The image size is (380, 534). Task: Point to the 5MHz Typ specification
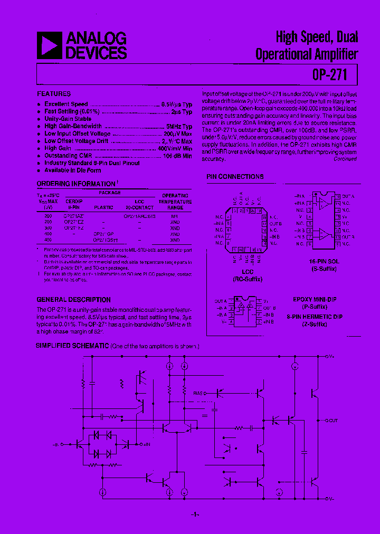point(179,127)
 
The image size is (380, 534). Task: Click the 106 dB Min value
point(177,156)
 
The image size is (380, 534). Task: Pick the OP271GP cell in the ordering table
point(103,233)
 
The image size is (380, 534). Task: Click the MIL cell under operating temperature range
point(175,216)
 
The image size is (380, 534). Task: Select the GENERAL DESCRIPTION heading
point(73,300)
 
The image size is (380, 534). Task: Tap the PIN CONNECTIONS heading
point(235,177)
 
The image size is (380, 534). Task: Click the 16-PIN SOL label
point(324,262)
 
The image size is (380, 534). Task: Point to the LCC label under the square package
point(241,272)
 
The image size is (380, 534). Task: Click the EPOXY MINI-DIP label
point(315,300)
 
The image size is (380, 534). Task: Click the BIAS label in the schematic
point(198,393)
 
